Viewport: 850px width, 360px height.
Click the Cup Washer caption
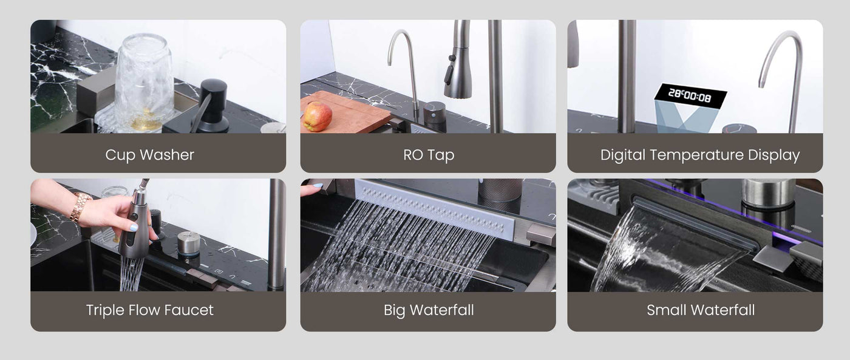pos(149,155)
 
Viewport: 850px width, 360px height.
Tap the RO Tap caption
pos(429,155)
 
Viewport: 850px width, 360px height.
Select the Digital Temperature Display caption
pos(699,155)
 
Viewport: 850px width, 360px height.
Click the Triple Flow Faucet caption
pos(149,310)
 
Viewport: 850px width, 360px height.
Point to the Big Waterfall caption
pos(429,310)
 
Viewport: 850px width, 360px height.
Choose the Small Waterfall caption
pos(701,310)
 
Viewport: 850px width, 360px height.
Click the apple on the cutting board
pos(317,116)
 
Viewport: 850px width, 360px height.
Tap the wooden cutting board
pos(345,112)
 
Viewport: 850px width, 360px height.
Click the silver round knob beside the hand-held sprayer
pos(189,243)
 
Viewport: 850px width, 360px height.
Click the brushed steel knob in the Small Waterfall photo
pos(768,194)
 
